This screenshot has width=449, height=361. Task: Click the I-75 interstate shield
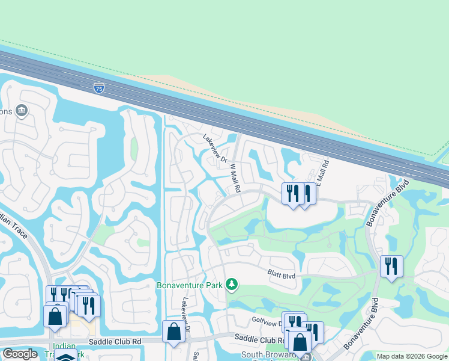98,88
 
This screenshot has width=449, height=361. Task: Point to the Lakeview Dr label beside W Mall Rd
215,148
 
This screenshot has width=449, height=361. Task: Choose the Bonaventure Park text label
189,285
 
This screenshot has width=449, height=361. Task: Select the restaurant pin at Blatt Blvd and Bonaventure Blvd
391,266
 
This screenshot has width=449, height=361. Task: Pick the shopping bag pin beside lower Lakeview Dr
173,331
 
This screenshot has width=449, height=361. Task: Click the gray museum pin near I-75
22,110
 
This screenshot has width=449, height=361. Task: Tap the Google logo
20,354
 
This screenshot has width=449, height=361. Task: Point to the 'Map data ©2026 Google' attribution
412,356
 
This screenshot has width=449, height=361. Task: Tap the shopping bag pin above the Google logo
55,316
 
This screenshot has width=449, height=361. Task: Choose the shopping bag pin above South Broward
299,341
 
